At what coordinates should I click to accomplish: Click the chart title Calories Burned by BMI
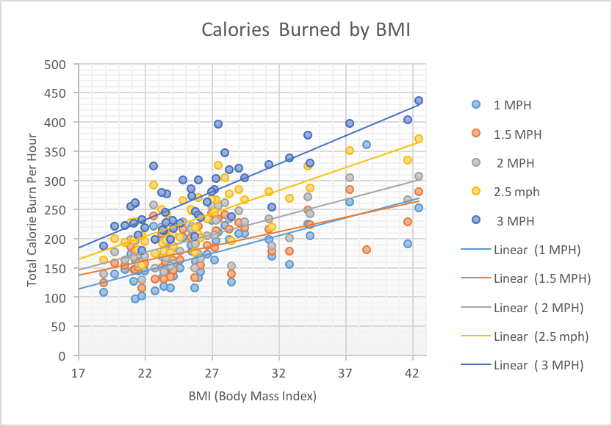point(306,30)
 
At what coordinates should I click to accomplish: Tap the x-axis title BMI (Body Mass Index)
point(252,397)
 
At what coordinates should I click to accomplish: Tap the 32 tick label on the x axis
point(279,372)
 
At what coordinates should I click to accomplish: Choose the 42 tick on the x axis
point(413,372)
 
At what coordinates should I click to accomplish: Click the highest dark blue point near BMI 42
point(419,101)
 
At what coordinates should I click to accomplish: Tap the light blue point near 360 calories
point(367,145)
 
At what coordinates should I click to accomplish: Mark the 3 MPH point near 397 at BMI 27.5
point(218,124)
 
